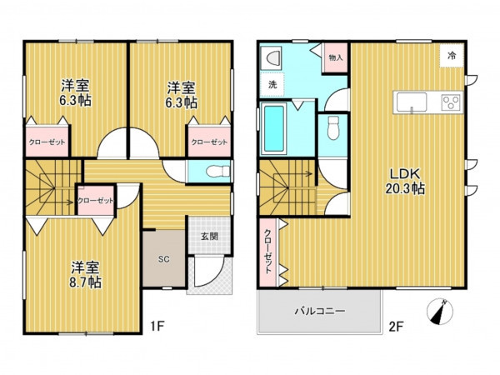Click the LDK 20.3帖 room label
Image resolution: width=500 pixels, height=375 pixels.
pyautogui.click(x=405, y=181)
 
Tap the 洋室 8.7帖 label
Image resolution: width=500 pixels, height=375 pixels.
pyautogui.click(x=86, y=275)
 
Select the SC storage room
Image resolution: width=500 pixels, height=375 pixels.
pyautogui.click(x=164, y=258)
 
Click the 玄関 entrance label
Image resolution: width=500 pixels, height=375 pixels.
pyautogui.click(x=209, y=237)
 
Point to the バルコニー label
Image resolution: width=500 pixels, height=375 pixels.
pyautogui.click(x=319, y=311)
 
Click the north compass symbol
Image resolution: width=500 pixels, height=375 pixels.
pyautogui.click(x=440, y=312)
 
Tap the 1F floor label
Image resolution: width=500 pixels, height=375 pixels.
pyautogui.click(x=157, y=326)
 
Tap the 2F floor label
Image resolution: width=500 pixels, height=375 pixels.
pyautogui.click(x=396, y=327)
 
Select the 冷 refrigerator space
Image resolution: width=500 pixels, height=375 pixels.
pyautogui.click(x=451, y=56)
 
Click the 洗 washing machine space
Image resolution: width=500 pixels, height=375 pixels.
pyautogui.click(x=272, y=84)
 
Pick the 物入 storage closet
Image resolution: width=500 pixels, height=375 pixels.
pyautogui.click(x=336, y=57)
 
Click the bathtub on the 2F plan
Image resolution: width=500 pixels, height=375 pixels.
pyautogui.click(x=274, y=128)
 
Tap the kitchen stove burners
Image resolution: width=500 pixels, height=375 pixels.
pyautogui.click(x=451, y=102)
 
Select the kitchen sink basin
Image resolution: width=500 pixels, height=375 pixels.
pyautogui.click(x=412, y=102)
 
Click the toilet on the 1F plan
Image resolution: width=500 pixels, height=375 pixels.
pyautogui.click(x=217, y=171)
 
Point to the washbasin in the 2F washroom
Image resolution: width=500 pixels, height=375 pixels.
pyautogui.click(x=271, y=58)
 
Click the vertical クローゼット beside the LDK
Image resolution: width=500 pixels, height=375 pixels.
pyautogui.click(x=267, y=252)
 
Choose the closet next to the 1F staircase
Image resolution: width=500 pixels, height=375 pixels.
pyautogui.click(x=96, y=201)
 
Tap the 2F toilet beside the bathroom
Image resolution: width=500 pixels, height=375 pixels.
pyautogui.click(x=333, y=127)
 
